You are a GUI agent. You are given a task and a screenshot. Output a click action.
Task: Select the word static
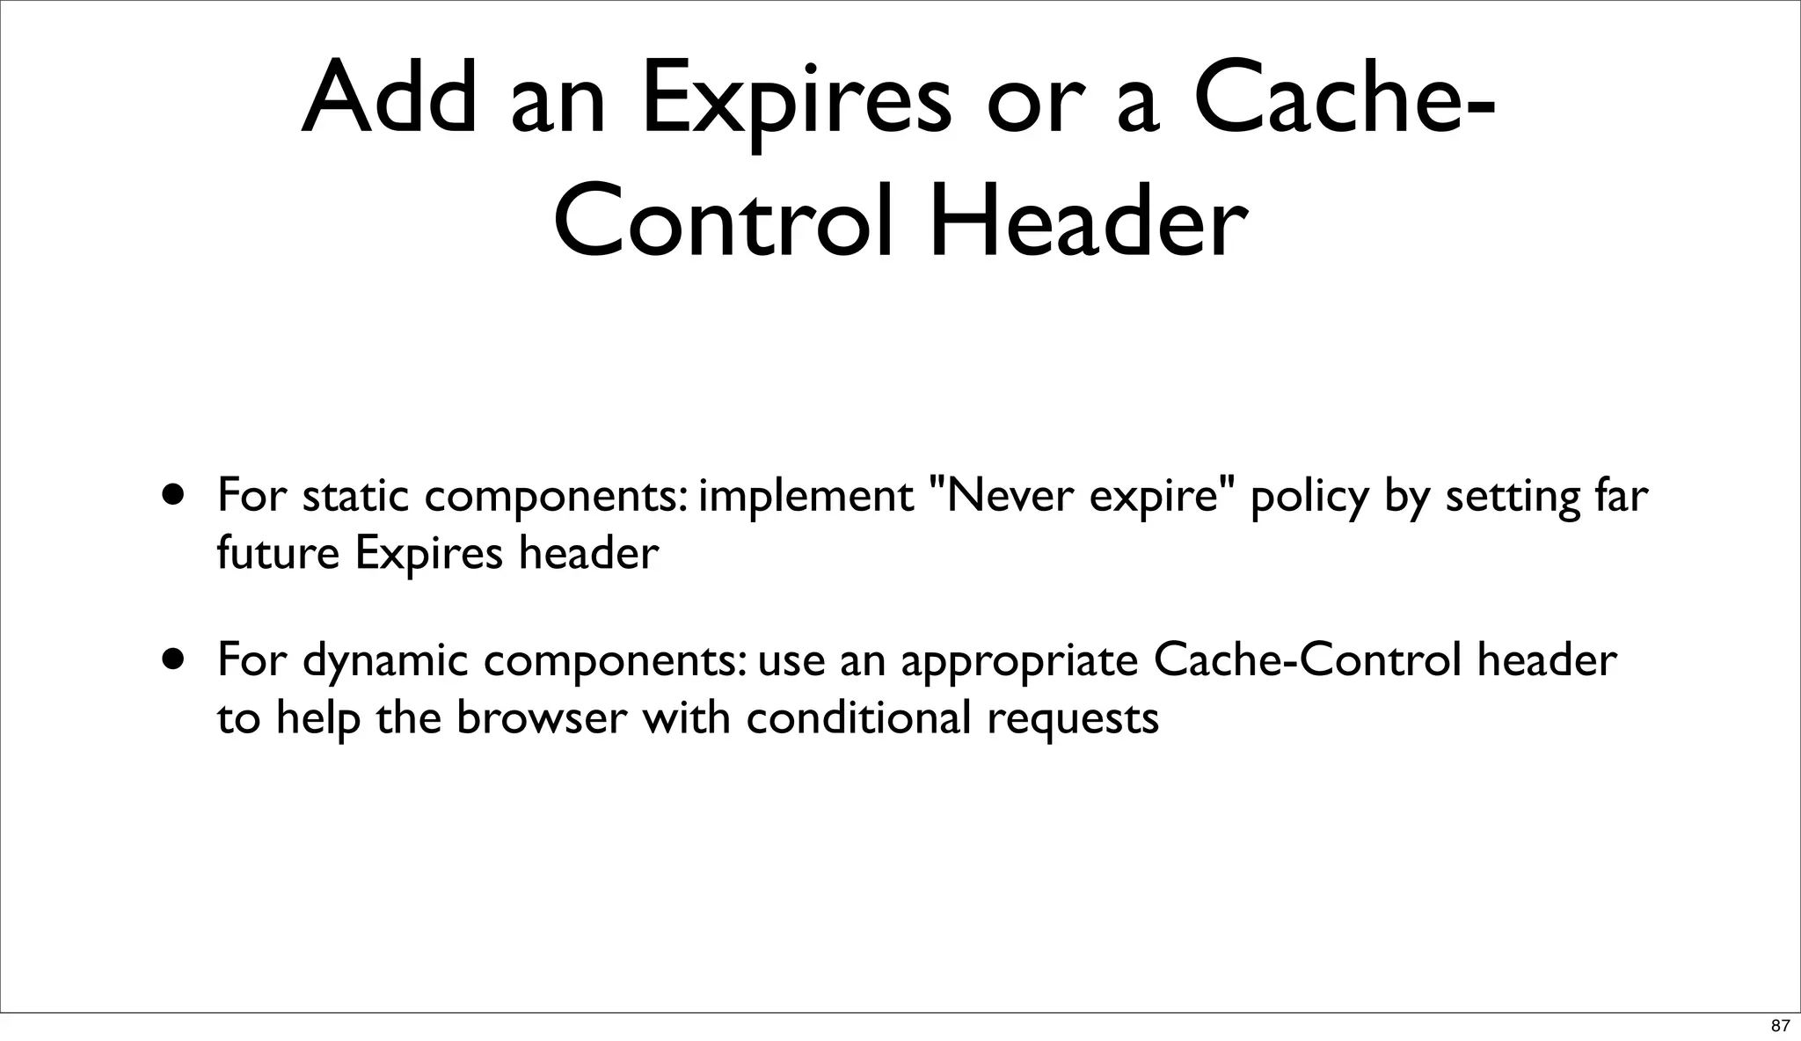(356, 497)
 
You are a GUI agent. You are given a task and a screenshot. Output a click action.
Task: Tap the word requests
(1073, 719)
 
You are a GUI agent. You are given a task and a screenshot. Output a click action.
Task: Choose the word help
(318, 719)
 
